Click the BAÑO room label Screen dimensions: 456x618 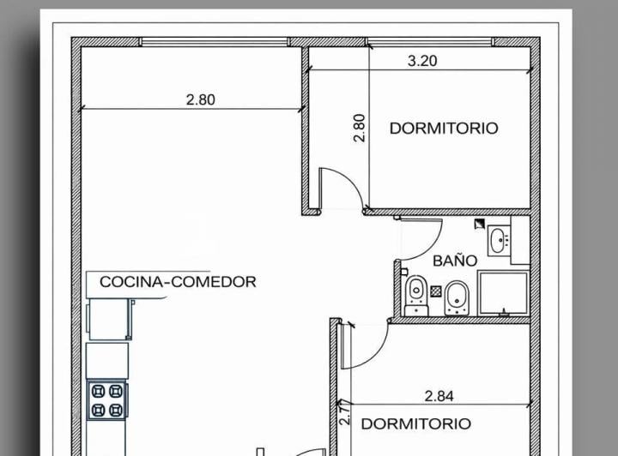point(455,260)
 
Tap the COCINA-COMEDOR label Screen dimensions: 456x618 point(178,281)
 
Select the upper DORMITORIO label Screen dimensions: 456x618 point(443,129)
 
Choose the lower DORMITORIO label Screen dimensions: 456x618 point(415,424)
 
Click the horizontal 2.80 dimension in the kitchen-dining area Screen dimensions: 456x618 point(200,99)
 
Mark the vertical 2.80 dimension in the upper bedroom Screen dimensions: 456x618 point(360,129)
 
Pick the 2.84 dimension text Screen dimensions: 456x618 point(439,396)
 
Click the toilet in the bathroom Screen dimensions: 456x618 point(417,294)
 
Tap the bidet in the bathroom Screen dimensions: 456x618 point(457,296)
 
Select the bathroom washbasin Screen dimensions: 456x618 point(498,241)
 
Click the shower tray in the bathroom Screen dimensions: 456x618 point(503,293)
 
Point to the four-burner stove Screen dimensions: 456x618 point(107,399)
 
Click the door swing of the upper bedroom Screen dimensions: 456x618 point(339,189)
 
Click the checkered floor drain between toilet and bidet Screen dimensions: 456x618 point(436,291)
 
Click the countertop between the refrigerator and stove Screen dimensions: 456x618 point(107,360)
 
